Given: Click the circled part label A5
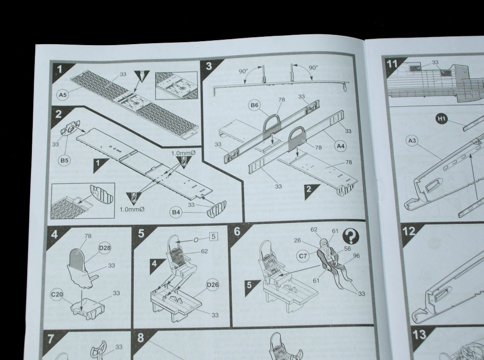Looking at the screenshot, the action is pos(63,95).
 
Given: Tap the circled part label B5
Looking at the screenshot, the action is pos(64,160).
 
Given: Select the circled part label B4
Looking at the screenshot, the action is pos(176,212).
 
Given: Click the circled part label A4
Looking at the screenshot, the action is pos(340,146).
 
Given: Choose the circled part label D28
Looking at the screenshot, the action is pos(105,248).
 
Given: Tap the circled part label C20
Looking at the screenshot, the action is pos(57,294).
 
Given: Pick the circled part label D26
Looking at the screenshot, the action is pos(213,285).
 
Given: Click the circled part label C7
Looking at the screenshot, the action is pos(303,256).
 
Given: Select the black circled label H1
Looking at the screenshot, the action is pos(442,119).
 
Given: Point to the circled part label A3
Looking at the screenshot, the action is pos(412,141).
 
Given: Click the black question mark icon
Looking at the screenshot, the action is pos(351,237).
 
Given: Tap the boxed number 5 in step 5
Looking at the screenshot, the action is pos(213,237).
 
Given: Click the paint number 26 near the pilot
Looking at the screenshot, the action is pos(297,240).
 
